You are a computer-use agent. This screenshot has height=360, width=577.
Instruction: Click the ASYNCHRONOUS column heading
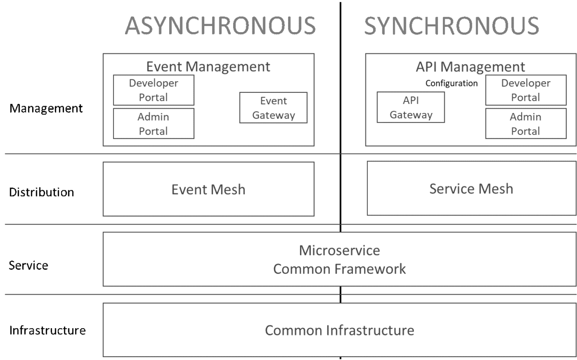220,26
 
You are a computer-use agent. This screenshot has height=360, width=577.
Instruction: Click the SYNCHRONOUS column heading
452,26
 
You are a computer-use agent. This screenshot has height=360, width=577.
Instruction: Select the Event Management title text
208,66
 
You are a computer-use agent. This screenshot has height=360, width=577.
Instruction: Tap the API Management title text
470,66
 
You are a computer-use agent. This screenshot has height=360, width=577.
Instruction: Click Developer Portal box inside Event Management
153,90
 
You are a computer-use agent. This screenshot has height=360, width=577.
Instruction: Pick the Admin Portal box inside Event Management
153,124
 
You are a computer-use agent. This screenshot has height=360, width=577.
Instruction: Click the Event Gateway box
273,108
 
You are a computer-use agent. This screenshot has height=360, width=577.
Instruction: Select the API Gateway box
411,108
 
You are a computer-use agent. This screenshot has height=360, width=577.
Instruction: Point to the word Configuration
452,83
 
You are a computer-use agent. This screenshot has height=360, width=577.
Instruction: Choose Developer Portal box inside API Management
526,90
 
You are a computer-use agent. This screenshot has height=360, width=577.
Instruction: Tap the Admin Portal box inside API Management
526,124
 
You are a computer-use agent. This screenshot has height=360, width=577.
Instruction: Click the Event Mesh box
208,189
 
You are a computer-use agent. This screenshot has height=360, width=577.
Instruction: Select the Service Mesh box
471,188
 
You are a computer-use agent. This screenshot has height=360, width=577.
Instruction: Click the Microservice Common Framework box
339,260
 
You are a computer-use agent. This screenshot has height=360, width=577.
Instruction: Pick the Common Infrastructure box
339,330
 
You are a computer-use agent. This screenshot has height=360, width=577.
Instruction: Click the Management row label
46,109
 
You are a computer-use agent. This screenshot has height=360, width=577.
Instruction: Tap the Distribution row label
41,192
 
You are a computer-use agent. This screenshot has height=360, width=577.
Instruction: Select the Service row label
28,265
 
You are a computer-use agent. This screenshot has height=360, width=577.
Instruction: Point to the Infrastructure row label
48,331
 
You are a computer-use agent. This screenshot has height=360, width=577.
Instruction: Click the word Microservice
339,250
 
